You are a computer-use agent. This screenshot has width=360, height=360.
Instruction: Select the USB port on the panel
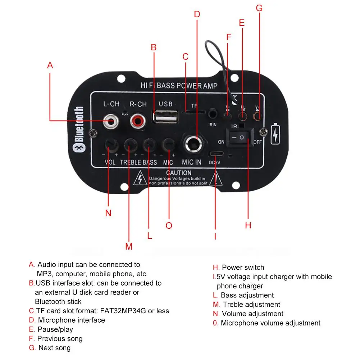165,117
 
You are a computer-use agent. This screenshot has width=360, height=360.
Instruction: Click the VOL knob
110,145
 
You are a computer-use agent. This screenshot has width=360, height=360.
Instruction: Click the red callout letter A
50,65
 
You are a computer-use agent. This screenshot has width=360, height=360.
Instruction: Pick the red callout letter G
259,8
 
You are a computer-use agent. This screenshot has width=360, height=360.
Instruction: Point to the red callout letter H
248,225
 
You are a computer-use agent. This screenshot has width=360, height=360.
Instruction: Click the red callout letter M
129,247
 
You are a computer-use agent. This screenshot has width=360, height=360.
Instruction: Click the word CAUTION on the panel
179,173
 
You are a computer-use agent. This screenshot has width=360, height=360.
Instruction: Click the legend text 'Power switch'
243,268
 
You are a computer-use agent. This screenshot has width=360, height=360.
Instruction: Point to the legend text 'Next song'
54,348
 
